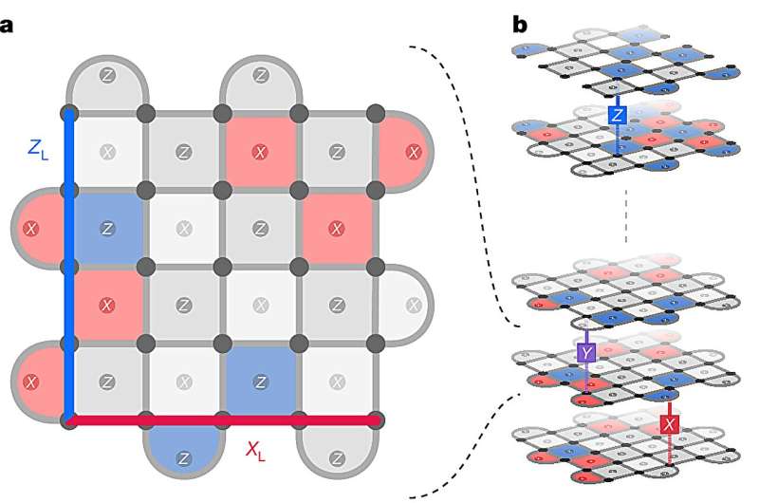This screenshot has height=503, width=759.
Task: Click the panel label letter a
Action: (x=8, y=24)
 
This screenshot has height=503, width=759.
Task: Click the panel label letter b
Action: (x=520, y=24)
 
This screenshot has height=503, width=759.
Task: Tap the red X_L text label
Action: (x=254, y=450)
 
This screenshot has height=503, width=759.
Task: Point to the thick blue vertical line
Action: (x=68, y=266)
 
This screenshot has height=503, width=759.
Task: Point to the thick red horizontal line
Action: (x=223, y=419)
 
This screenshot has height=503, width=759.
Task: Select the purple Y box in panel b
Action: (x=586, y=352)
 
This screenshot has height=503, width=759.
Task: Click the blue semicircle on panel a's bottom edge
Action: (x=184, y=450)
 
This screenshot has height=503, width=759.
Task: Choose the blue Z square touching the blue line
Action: (x=107, y=228)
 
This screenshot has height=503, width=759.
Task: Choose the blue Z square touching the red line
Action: (x=261, y=381)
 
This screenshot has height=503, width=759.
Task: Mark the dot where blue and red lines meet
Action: (x=68, y=419)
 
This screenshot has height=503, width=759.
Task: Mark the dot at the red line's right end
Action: (x=377, y=419)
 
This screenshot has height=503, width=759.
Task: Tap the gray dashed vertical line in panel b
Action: (x=626, y=228)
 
